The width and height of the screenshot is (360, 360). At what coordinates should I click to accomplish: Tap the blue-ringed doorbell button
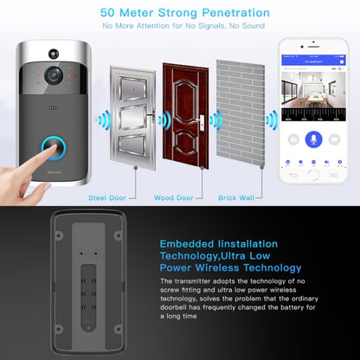coord(53,150)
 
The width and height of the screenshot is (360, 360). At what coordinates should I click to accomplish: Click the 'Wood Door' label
coord(172,197)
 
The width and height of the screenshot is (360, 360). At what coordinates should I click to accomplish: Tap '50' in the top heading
coord(110,13)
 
